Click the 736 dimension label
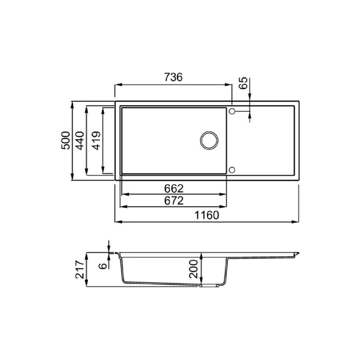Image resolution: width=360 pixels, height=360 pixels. click(174, 77)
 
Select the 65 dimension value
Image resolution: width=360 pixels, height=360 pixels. click(243, 83)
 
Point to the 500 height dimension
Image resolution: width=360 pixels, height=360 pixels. click(66, 140)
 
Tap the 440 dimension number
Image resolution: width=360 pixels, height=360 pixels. click(80, 140)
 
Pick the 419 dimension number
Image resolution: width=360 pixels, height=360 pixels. click(96, 140)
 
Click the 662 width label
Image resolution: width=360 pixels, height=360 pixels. click(174, 189)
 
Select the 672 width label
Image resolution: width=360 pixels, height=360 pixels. click(174, 201)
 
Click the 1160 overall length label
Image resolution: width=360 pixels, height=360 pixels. click(207, 215)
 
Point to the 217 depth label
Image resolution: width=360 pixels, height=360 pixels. click(80, 269)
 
